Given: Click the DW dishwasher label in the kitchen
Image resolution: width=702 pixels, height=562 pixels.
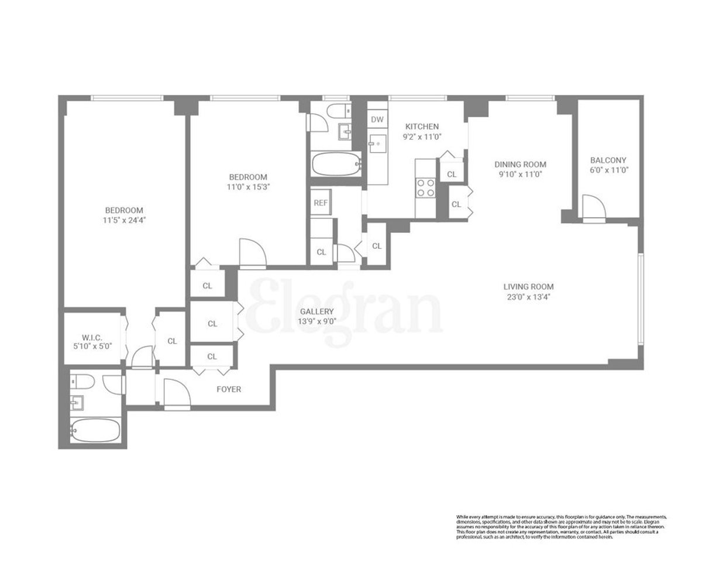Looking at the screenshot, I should (x=377, y=119).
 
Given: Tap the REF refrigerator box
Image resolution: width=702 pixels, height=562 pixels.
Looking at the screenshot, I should (x=320, y=203).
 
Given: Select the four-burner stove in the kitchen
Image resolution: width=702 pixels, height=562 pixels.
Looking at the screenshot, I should (x=425, y=187).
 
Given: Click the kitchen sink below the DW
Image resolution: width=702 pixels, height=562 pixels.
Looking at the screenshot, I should (x=377, y=142).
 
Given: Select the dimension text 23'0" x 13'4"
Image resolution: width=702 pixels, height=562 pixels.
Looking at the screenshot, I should (x=528, y=297).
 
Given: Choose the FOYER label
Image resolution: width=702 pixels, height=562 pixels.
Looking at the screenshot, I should (x=228, y=389).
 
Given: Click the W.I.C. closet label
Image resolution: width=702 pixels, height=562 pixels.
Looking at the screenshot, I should (x=92, y=337).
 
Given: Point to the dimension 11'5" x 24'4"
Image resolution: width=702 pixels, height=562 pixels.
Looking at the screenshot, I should (x=123, y=220).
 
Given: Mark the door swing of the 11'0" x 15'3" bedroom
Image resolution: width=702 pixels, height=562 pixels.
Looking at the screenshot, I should (x=253, y=252).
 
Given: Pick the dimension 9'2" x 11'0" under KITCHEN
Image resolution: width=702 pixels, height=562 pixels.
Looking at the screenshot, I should (x=422, y=137).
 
